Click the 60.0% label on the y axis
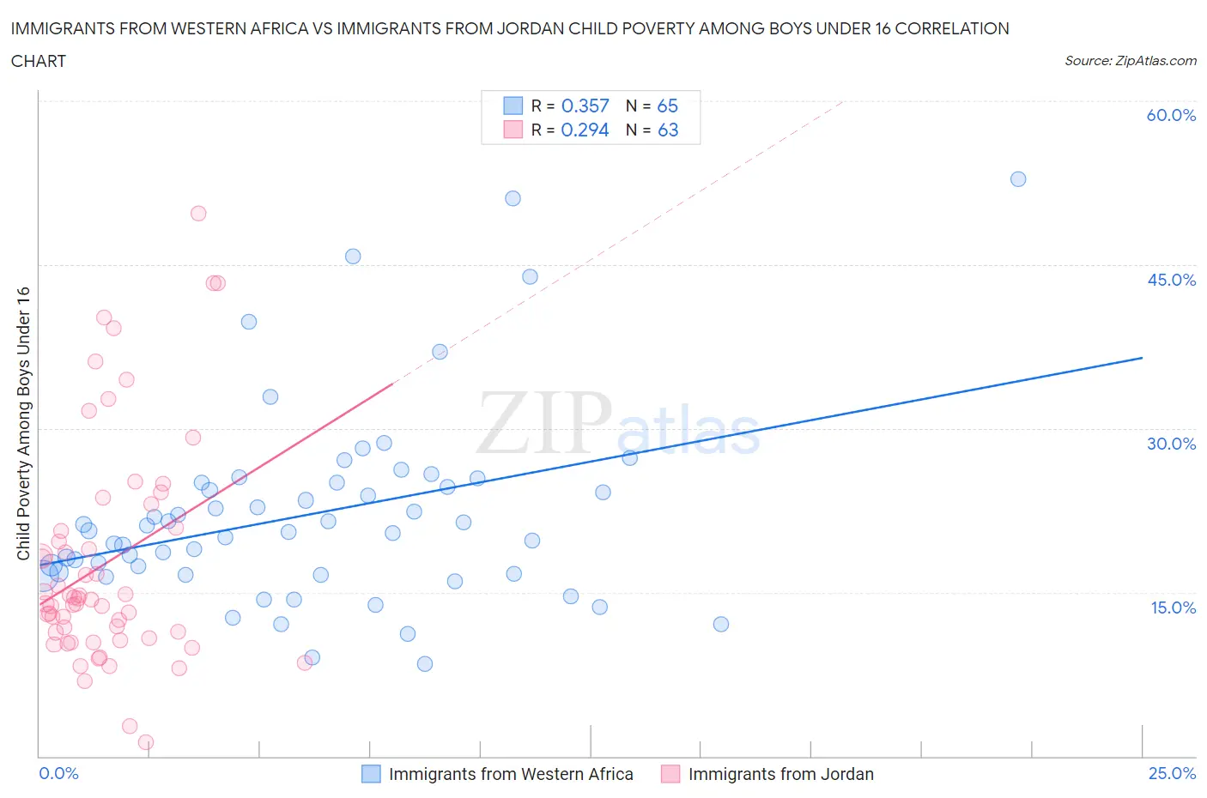[1171, 115]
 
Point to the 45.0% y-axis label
[1171, 280]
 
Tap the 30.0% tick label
[1171, 444]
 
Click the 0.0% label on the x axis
[58, 773]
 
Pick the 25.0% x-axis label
[1172, 773]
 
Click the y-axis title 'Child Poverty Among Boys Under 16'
[23, 423]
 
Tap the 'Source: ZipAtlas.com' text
[1130, 61]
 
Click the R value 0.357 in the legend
[585, 106]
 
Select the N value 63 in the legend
[667, 130]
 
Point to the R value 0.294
[585, 130]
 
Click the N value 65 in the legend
[667, 106]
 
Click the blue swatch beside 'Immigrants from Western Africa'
[371, 774]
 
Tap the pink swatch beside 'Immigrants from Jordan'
[670, 774]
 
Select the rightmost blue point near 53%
[1018, 179]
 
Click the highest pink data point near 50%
[198, 214]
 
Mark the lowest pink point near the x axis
[146, 742]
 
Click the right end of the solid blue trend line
[1142, 357]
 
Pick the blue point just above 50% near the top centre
[513, 198]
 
